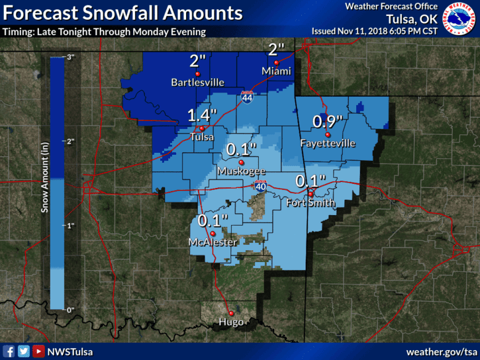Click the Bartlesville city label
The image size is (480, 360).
pos(197,83)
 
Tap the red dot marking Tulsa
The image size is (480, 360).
pos(201,127)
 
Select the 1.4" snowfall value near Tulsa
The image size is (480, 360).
pos(202,115)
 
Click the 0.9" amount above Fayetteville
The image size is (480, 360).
pos(328,122)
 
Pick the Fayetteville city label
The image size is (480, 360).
pos(328,144)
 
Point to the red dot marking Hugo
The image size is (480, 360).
pos(231,313)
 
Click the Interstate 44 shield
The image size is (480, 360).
pos(247,97)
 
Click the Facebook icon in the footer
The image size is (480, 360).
pos(9,351)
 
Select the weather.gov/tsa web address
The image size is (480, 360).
pos(441,351)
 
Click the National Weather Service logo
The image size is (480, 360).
pos(461,20)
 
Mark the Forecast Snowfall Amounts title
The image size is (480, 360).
pos(122,13)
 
